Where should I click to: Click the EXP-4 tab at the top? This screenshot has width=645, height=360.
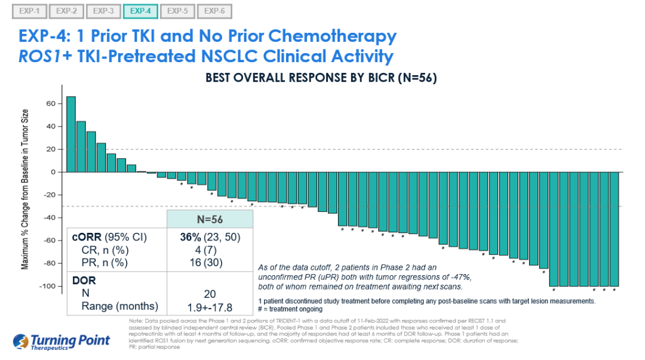(x=140, y=11)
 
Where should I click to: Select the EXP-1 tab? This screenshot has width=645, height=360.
(x=29, y=11)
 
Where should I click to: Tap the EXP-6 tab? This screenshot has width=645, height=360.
(x=214, y=11)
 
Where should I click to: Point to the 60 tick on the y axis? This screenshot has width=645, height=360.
(x=51, y=103)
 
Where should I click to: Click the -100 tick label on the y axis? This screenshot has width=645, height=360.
(x=48, y=287)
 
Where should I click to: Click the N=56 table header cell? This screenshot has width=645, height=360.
(x=210, y=219)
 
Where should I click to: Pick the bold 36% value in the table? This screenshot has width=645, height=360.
(x=192, y=237)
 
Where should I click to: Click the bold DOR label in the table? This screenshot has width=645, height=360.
(x=84, y=279)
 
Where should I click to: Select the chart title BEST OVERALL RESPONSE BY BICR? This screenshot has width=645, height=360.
(x=321, y=78)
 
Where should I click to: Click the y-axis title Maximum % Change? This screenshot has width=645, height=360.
(x=26, y=191)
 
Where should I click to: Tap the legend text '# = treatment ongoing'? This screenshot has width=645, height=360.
(x=291, y=309)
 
